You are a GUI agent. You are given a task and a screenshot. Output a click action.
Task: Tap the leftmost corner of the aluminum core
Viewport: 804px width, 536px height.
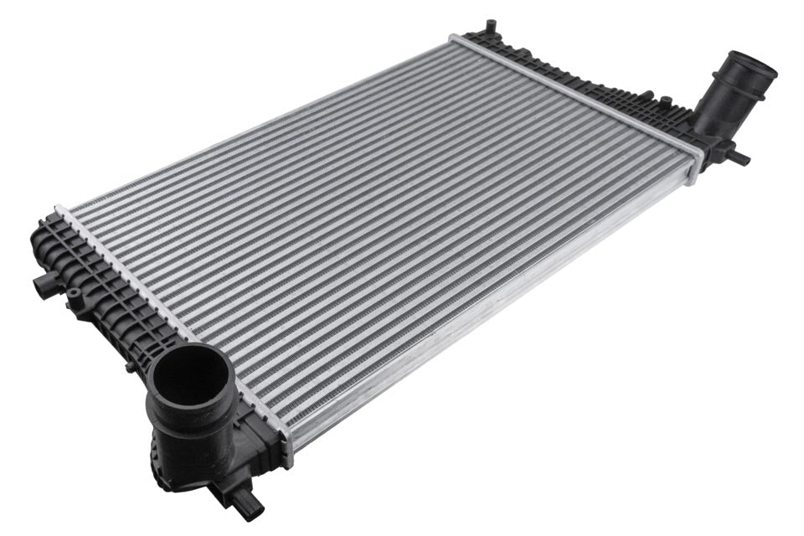tap(60, 209)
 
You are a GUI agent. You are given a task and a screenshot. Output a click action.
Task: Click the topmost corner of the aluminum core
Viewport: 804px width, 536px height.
tap(454, 38)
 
